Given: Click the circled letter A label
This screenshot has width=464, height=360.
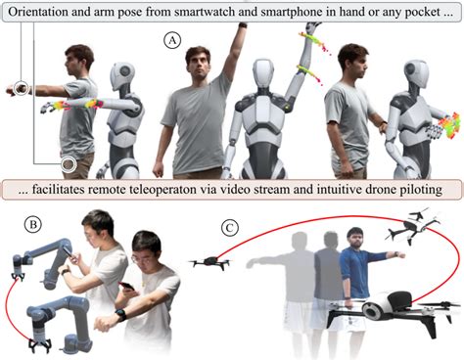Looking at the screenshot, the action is [172, 41].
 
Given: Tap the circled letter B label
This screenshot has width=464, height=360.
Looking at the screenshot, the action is [32, 225].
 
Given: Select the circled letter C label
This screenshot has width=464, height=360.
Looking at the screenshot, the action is [230, 228].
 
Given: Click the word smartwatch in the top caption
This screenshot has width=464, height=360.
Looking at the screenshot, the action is [200, 12].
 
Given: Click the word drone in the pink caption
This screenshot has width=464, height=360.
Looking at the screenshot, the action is [380, 189].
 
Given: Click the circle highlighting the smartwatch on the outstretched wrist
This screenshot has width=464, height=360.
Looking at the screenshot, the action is [22, 88].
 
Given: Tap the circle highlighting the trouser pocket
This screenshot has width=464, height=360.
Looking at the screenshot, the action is [69, 164].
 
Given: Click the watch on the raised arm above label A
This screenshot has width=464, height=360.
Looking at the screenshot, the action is [243, 24].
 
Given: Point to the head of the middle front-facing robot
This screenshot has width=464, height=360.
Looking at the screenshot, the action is [263, 73].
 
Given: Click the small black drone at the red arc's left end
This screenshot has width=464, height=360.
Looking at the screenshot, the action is [210, 262].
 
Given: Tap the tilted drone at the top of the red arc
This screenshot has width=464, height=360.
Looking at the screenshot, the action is [413, 225].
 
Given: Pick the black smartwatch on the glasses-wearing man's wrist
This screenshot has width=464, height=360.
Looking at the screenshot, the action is [121, 315].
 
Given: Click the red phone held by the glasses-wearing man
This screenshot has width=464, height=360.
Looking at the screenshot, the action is [126, 286].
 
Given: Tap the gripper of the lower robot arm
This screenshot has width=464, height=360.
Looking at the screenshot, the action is [40, 345].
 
